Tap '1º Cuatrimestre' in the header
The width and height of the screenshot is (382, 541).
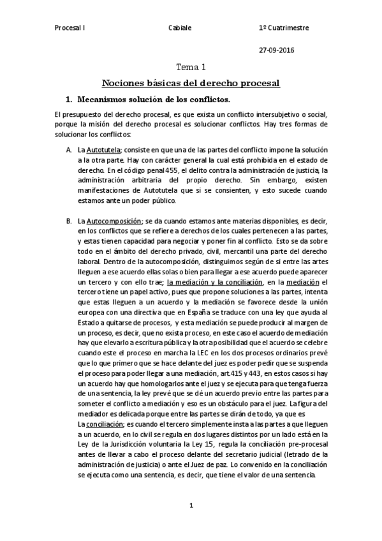284,29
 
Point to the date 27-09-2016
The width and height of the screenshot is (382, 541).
277,50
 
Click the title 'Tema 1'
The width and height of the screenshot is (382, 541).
191,67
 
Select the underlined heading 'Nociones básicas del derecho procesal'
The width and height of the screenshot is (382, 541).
191,83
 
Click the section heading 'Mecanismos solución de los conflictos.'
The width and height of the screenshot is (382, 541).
153,100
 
